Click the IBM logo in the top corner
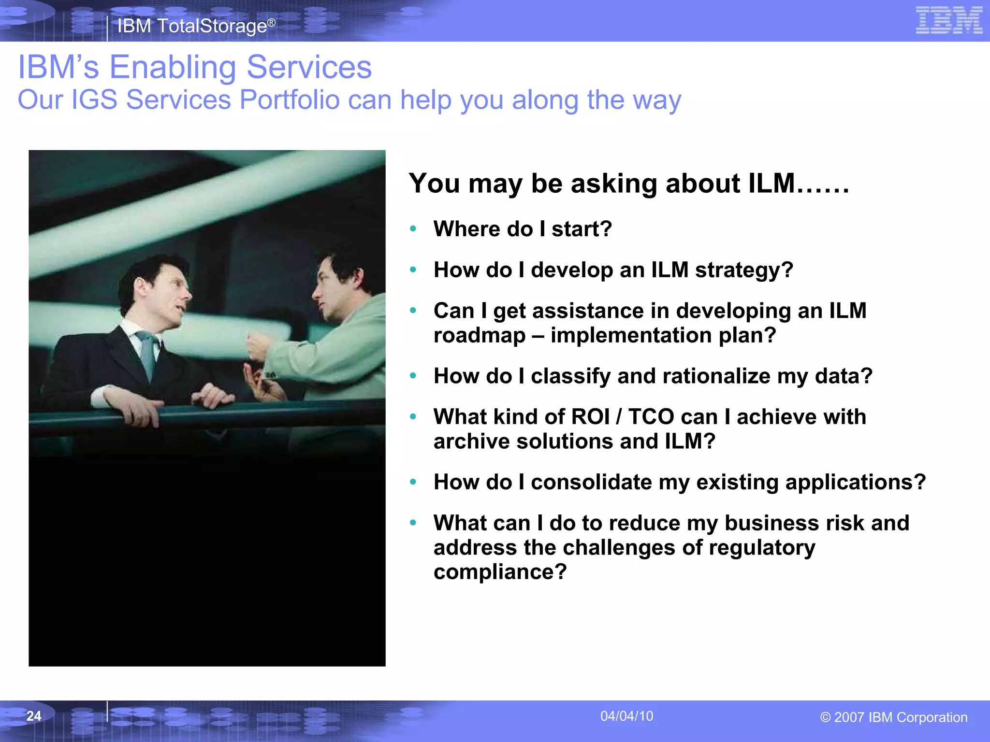tap(949, 21)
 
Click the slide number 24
tap(34, 716)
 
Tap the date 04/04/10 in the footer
tap(626, 716)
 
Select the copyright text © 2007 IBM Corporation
tap(893, 717)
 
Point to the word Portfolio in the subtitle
tap(290, 100)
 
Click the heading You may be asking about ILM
tap(628, 184)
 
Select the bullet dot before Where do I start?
tap(413, 229)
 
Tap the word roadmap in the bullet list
tap(479, 335)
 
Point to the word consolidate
tap(591, 482)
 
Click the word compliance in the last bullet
tap(499, 572)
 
